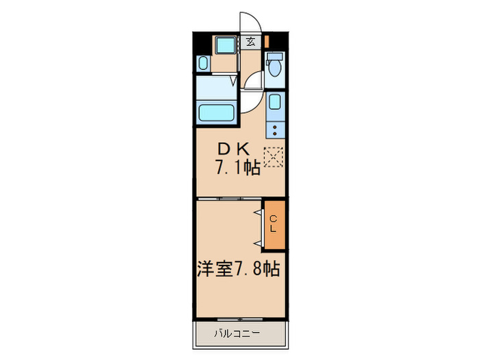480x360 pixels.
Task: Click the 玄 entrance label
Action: [x=251, y=42]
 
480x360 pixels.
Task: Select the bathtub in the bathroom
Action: [x=217, y=112]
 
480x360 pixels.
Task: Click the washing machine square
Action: [x=224, y=45]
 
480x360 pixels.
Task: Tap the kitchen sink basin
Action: [x=275, y=104]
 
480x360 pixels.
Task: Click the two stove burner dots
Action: [x=275, y=128]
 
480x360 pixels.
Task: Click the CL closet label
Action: [x=273, y=224]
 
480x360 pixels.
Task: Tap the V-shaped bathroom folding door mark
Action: [x=233, y=82]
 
